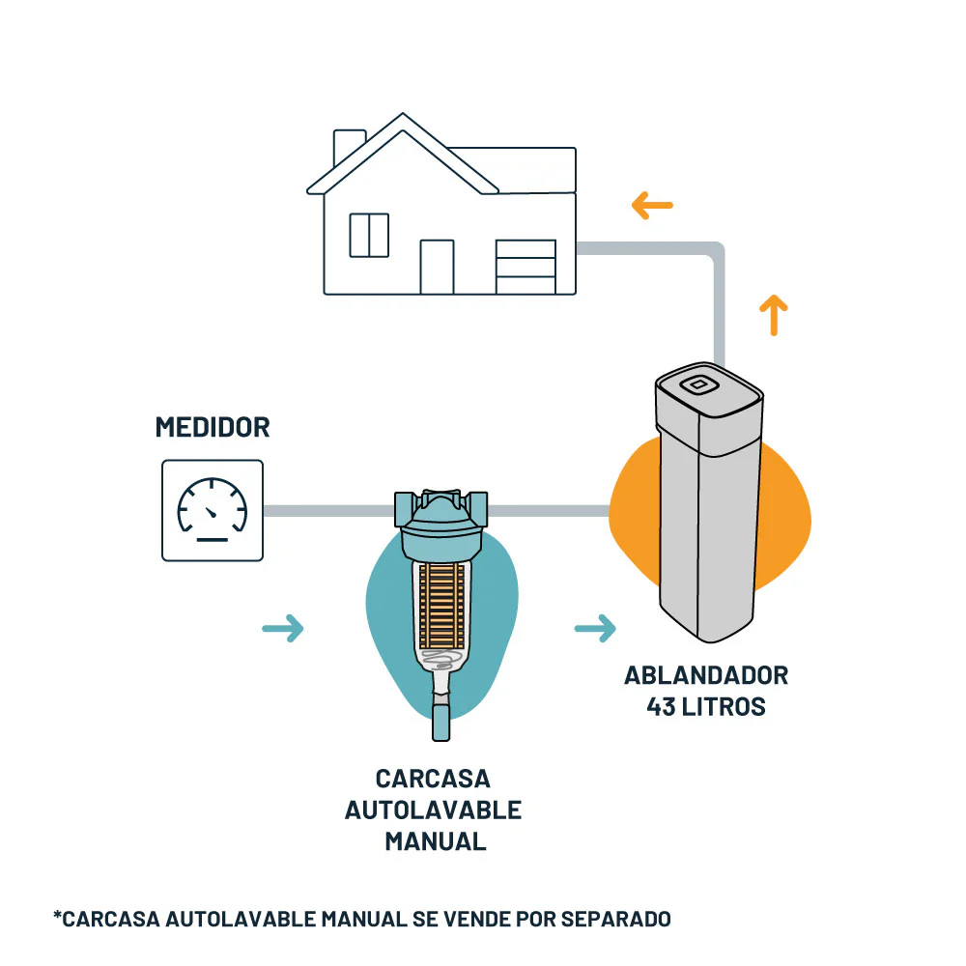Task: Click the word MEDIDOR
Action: click(x=213, y=427)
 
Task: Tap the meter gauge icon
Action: click(x=213, y=510)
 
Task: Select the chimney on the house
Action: click(x=348, y=148)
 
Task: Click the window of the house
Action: click(x=369, y=235)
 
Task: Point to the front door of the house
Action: click(x=437, y=267)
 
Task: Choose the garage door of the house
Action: click(x=526, y=267)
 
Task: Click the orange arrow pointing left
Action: click(x=652, y=205)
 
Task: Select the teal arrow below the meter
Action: click(x=283, y=629)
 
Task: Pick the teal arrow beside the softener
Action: click(x=595, y=629)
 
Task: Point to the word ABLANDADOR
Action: click(x=706, y=674)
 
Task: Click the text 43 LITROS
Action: click(x=706, y=706)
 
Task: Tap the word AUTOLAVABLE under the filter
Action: click(x=434, y=810)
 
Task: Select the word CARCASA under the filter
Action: click(x=434, y=779)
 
